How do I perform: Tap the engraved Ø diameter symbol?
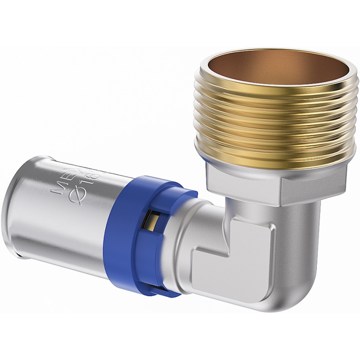pos(81,194)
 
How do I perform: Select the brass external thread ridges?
pos(277,125)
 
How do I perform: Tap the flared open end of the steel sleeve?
pos(12,220)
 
